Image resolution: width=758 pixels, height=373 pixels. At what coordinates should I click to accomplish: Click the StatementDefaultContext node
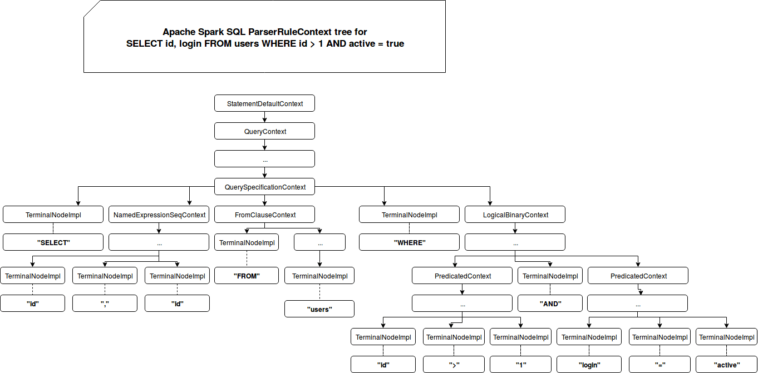point(264,103)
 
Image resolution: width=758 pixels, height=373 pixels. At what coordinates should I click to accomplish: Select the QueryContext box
point(264,131)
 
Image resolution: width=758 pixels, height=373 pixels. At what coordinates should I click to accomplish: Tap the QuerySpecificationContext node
point(264,187)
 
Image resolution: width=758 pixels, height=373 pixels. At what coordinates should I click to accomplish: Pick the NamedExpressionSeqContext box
point(159,215)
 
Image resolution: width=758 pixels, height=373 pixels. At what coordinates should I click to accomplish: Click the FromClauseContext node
point(264,215)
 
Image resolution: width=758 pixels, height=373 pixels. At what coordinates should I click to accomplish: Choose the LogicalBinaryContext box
point(515,215)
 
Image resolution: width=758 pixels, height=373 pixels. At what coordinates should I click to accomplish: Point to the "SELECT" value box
point(53,242)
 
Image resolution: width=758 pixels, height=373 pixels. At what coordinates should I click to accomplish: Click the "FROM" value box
point(246,276)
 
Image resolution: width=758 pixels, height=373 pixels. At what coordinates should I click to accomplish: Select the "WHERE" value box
point(409,242)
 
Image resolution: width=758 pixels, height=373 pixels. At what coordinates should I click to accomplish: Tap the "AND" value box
point(550,304)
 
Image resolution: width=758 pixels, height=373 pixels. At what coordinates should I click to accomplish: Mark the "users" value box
point(319,309)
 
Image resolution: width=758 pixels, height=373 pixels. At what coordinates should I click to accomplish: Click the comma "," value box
point(105,304)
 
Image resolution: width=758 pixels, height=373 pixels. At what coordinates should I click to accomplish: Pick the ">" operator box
point(454,365)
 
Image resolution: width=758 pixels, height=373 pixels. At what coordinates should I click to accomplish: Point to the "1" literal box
point(522,365)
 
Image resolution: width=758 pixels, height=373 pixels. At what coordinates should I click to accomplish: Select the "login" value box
point(589,365)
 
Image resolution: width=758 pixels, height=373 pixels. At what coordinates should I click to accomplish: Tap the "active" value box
point(726,365)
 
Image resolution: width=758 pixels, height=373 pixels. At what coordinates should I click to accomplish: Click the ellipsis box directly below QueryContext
point(264,159)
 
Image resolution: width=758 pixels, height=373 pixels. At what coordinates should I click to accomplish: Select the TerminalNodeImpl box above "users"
point(319,276)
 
